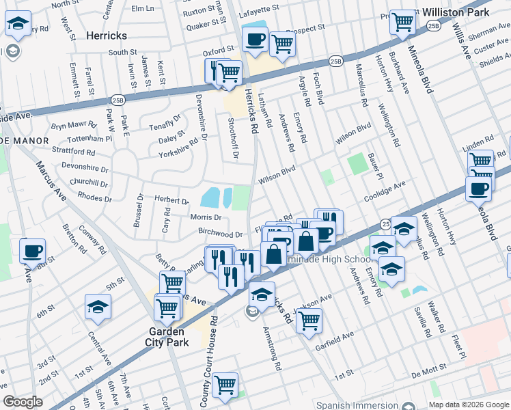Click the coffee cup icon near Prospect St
click(254, 39)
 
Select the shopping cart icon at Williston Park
click(403, 22)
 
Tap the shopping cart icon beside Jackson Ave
click(309, 319)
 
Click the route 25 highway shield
click(386, 223)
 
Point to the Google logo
click(23, 402)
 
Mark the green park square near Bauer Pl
click(357, 164)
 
